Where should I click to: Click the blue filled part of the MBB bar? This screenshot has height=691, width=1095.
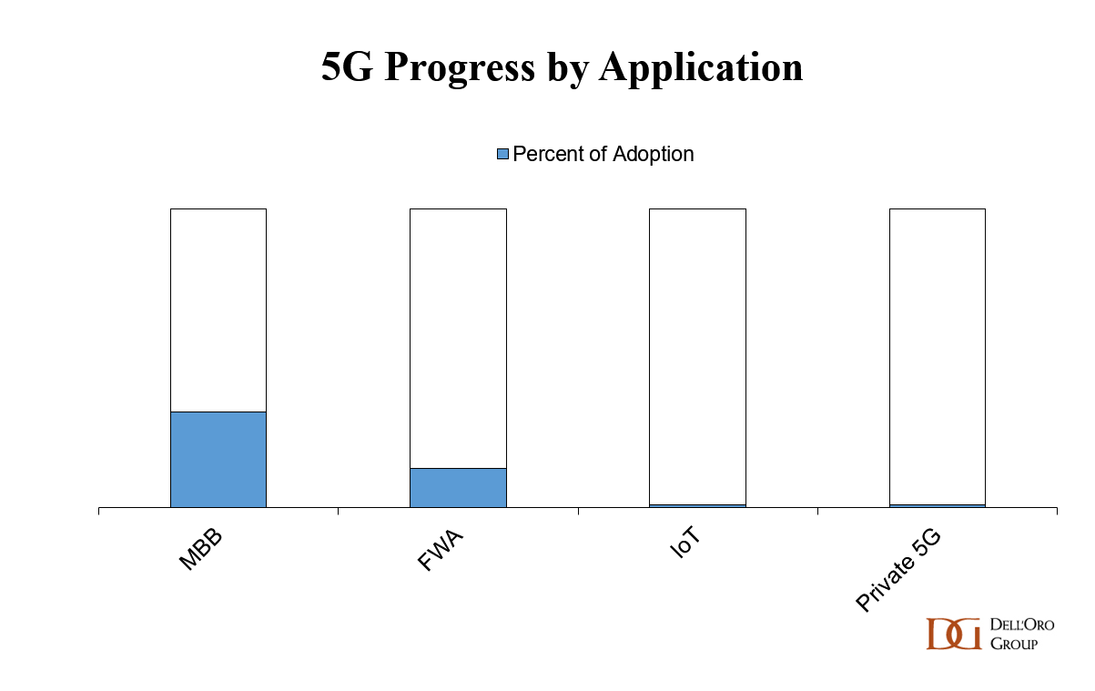[218, 460]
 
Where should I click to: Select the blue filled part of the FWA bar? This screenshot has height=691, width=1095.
[458, 488]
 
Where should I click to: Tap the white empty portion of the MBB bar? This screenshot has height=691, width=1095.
[218, 310]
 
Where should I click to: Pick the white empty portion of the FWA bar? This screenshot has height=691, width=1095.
[458, 337]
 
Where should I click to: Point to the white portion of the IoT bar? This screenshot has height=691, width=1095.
[697, 355]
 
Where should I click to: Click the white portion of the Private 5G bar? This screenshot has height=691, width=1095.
[937, 355]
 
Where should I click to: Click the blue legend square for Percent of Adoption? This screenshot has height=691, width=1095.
[502, 154]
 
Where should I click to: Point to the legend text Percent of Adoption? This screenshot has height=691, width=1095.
[603, 154]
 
